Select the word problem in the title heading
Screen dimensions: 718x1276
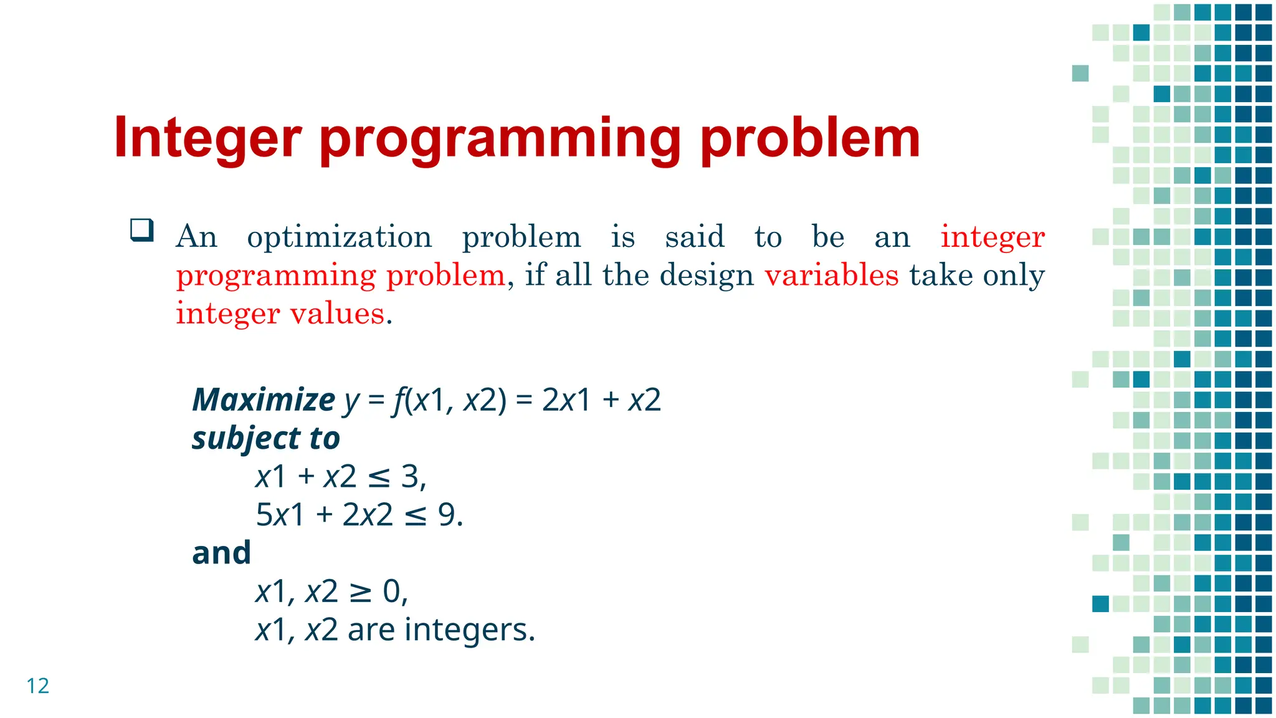click(x=810, y=138)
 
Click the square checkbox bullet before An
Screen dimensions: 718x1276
click(x=142, y=230)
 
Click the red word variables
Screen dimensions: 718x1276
click(x=832, y=275)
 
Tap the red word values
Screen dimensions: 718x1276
click(x=337, y=314)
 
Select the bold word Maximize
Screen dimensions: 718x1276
click(x=264, y=400)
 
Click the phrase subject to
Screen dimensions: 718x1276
click(x=266, y=439)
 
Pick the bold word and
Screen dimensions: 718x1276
click(x=221, y=553)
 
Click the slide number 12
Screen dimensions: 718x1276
click(x=37, y=686)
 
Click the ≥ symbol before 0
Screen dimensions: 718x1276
click(x=359, y=592)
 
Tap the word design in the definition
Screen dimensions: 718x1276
click(x=707, y=275)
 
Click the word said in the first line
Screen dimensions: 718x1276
click(x=695, y=237)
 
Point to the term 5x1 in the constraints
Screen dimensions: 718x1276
click(x=280, y=515)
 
